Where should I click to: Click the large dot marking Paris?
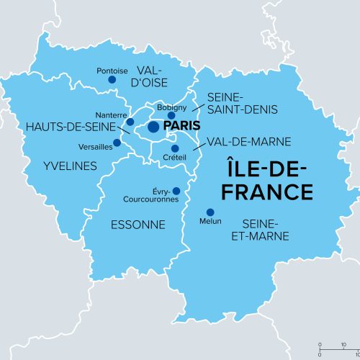tap(153, 127)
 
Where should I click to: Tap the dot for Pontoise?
tap(112, 79)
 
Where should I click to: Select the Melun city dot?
tap(210, 212)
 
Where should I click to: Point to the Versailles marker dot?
tap(117, 143)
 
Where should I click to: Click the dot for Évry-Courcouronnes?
tap(176, 191)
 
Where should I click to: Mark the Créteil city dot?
tap(175, 148)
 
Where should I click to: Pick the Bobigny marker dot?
tap(171, 115)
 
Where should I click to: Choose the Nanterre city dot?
tap(130, 122)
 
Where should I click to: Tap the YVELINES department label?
tap(70, 166)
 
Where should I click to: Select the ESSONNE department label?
tap(138, 225)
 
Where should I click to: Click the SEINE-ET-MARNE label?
tap(266, 230)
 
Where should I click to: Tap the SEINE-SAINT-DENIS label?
tap(235, 104)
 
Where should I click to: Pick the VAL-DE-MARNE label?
tap(246, 141)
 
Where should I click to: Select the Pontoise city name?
tap(112, 71)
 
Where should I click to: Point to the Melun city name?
tap(210, 221)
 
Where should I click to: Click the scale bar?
tap(338, 348)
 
